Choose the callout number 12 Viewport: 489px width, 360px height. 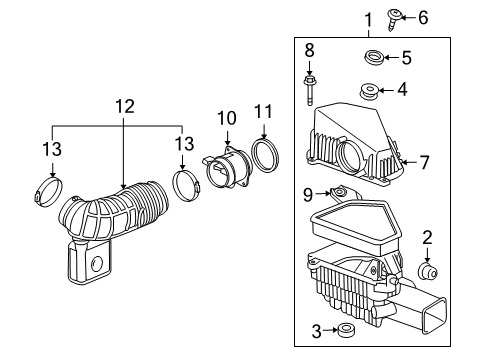point(122,105)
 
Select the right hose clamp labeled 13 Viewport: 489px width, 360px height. point(185,185)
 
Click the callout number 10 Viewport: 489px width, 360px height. point(226,117)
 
